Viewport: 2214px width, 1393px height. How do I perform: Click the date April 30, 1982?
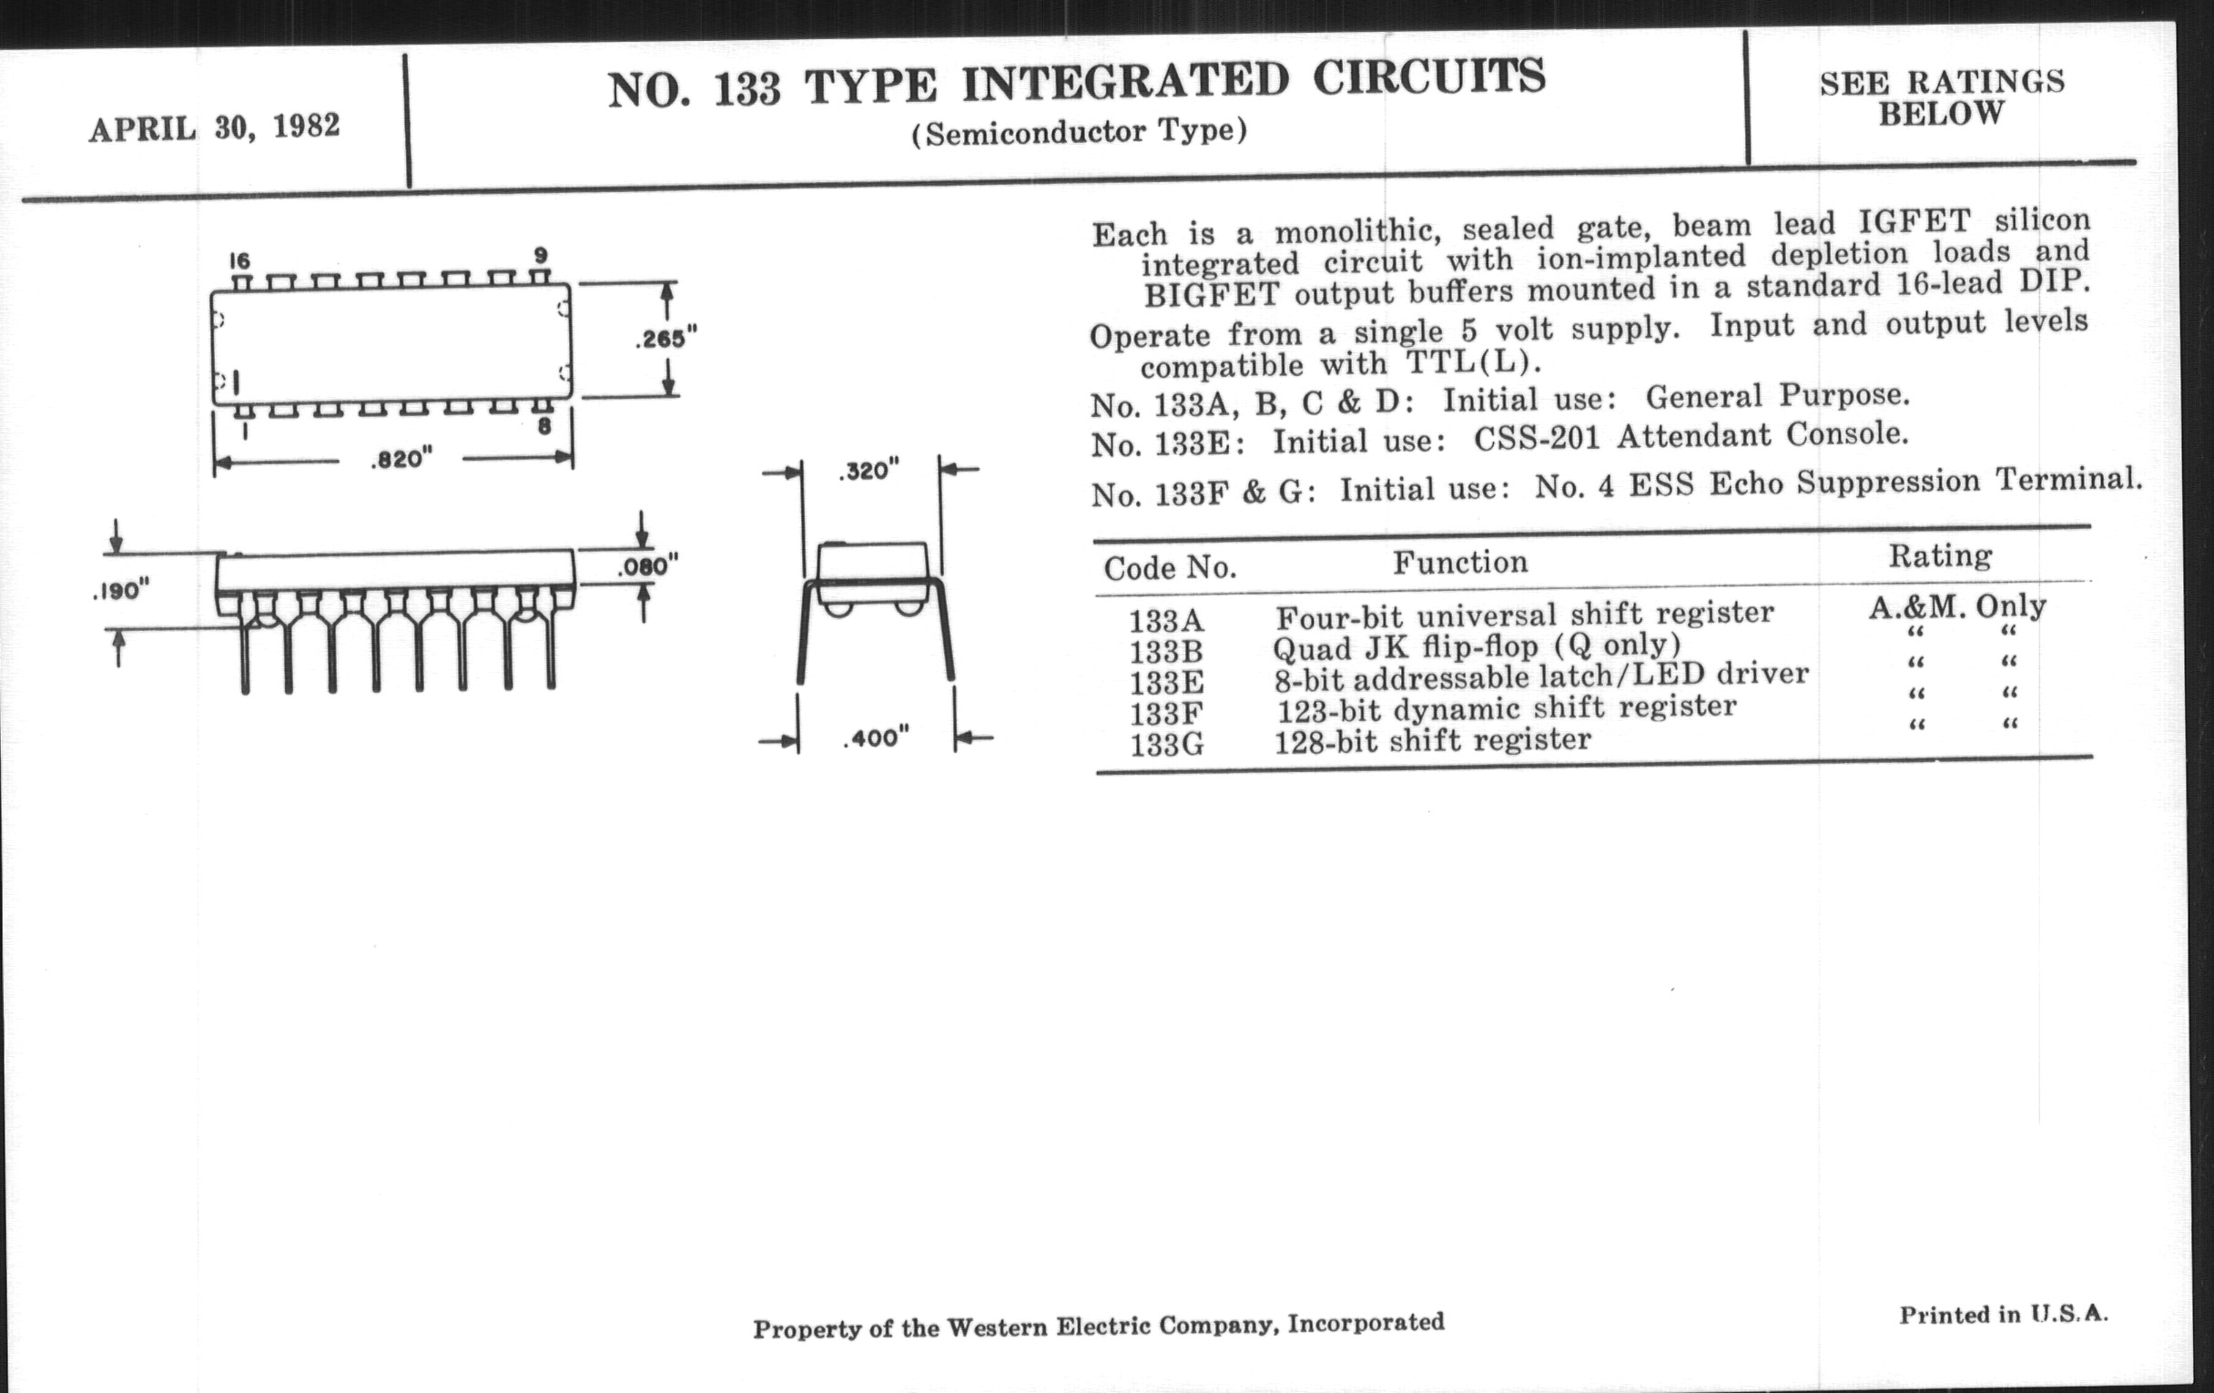click(x=214, y=127)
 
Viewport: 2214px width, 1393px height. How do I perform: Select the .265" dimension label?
click(x=665, y=340)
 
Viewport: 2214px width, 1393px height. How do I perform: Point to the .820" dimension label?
click(x=401, y=458)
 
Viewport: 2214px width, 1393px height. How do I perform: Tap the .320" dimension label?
click(x=868, y=471)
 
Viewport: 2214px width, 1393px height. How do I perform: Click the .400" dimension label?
click(x=876, y=737)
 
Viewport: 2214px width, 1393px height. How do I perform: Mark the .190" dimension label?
click(x=121, y=590)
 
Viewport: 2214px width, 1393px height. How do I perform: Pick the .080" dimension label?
click(x=647, y=565)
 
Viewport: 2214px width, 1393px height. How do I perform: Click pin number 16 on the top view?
click(x=240, y=261)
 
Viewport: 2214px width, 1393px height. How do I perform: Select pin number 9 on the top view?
click(x=541, y=255)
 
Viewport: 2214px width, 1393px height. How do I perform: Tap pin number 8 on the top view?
click(x=544, y=427)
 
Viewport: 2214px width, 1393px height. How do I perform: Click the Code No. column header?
click(x=1170, y=568)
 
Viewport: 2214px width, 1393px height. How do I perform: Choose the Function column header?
click(x=1460, y=562)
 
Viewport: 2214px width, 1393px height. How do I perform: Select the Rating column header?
click(x=1940, y=555)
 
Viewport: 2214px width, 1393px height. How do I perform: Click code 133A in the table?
click(x=1166, y=621)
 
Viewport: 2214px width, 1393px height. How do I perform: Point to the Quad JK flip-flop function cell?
click(x=1477, y=646)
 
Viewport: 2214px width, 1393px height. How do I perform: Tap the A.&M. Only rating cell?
click(x=1956, y=607)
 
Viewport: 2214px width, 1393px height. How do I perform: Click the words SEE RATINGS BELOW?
click(x=1942, y=97)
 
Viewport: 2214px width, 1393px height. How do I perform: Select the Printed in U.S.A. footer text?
click(x=2004, y=1314)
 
